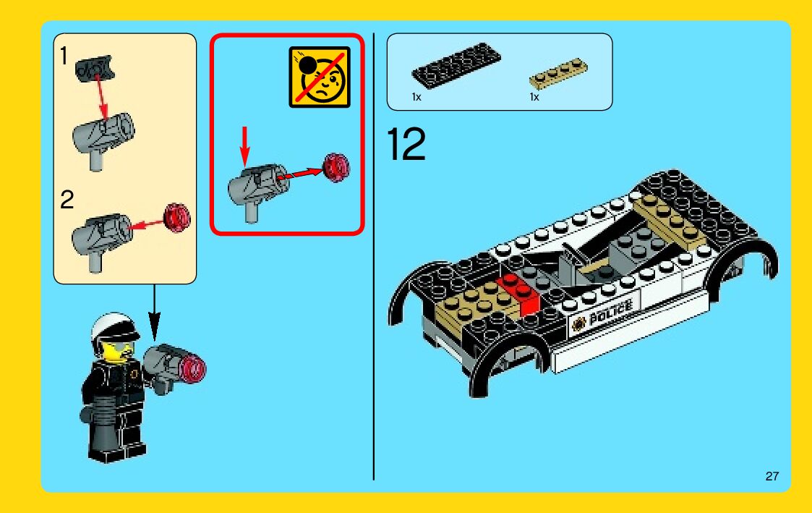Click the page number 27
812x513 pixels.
point(772,476)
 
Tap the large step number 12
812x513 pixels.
point(406,144)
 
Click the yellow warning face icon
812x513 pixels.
point(320,77)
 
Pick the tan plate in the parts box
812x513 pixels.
point(558,73)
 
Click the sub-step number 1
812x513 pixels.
point(64,56)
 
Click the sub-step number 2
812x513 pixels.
point(67,200)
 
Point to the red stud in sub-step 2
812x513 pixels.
point(177,218)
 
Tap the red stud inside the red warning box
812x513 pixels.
point(336,168)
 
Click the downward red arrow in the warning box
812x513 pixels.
point(245,146)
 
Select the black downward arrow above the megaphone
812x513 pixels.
point(154,313)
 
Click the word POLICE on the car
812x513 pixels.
point(610,311)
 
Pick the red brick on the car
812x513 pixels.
point(518,294)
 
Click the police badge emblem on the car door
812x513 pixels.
point(578,323)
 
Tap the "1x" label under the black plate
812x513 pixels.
point(417,97)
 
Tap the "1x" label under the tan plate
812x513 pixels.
point(534,97)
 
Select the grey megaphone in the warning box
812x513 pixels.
point(257,187)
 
